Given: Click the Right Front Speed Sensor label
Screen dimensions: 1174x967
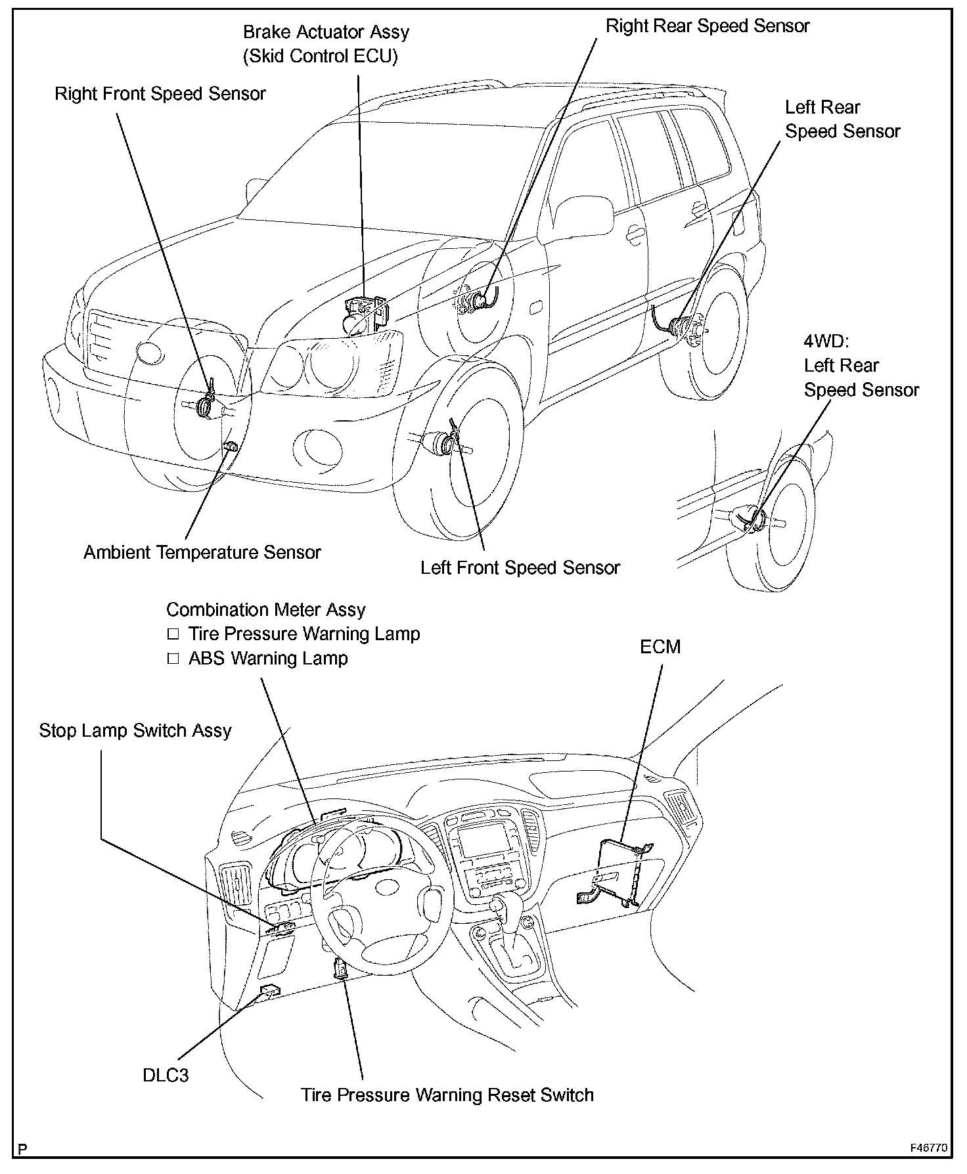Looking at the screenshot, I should (160, 94).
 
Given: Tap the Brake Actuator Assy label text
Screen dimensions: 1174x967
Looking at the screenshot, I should (326, 32).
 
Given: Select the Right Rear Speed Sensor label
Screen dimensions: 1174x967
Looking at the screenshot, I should (707, 26).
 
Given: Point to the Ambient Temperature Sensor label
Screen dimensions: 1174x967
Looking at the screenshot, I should (202, 552).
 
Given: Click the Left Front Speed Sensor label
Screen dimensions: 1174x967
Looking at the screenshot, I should (520, 568).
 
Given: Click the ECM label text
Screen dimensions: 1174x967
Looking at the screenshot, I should (660, 647).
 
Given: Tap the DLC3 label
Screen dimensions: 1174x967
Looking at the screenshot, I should (166, 1076).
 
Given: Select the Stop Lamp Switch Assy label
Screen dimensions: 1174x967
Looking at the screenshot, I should (135, 731).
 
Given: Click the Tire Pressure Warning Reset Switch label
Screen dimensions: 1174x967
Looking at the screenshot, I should (447, 1095).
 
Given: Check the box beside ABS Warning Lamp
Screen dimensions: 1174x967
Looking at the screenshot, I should (173, 659).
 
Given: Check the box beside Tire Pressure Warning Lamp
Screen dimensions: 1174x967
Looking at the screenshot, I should (173, 634).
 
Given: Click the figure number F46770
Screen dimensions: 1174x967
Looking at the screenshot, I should (928, 1148).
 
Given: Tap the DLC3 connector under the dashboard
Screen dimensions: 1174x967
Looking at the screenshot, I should (269, 990).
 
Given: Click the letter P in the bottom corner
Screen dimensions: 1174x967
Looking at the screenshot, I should (24, 1149).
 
